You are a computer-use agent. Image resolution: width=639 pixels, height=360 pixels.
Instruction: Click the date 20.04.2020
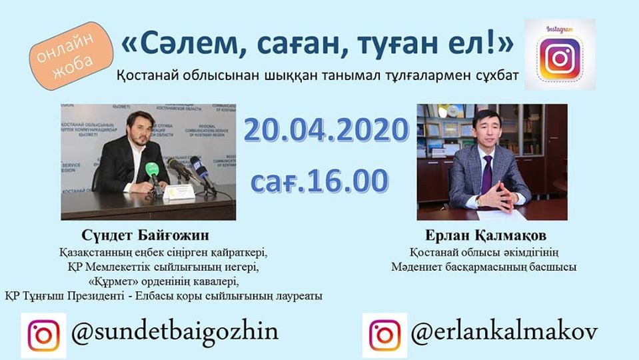point(325,131)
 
